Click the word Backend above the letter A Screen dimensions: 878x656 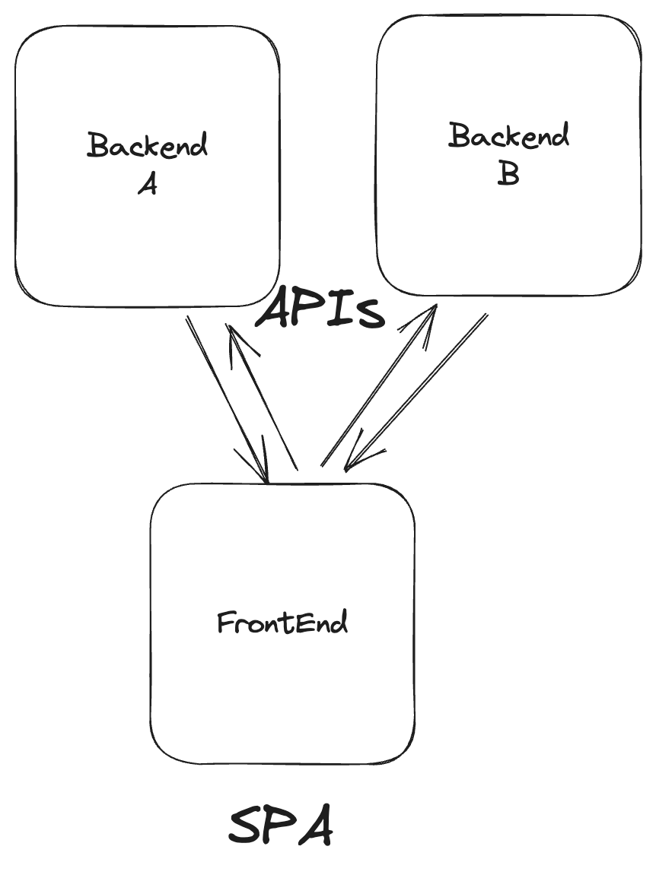(x=147, y=144)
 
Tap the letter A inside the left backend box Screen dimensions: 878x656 (x=148, y=184)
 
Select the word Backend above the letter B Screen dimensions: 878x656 (x=508, y=136)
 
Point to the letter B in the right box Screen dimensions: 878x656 (x=508, y=174)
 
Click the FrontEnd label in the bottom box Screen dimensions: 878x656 (x=282, y=623)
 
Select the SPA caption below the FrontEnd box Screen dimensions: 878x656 (x=281, y=827)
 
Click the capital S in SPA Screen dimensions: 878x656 (x=247, y=827)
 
